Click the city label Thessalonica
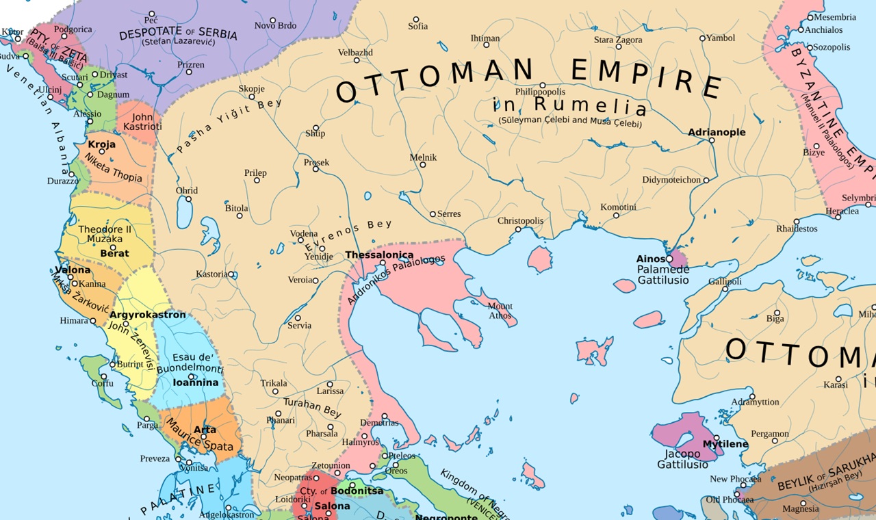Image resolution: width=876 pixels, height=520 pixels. tap(379, 255)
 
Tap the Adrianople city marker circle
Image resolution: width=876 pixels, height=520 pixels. tap(712, 140)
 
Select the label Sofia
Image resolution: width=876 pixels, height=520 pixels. tap(417, 27)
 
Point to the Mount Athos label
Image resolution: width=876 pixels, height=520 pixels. tap(500, 311)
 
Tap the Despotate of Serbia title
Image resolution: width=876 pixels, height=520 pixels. tap(178, 35)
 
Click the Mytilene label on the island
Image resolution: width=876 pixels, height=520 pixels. tap(725, 444)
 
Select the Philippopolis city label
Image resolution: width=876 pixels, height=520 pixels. tap(541, 92)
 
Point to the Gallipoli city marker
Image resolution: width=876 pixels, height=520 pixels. tap(725, 289)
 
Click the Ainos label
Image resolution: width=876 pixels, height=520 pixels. tap(650, 259)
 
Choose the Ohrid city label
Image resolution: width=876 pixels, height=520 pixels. tap(187, 191)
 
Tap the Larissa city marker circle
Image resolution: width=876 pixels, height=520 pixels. tap(330, 384)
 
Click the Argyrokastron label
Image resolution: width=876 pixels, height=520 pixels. tap(147, 315)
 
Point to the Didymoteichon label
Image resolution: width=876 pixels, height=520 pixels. tap(671, 180)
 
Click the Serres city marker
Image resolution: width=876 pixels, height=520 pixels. tap(433, 214)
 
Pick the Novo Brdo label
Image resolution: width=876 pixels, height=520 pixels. tap(275, 26)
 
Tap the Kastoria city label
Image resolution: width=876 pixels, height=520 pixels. tap(211, 274)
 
